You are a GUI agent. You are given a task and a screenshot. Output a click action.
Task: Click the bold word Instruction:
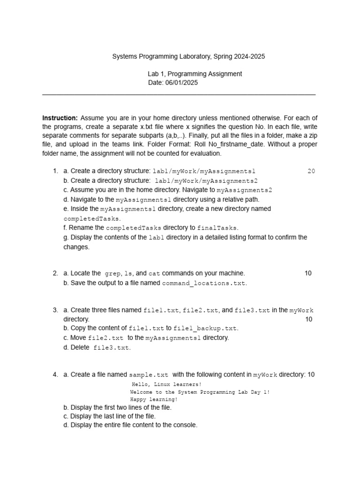(x=60, y=118)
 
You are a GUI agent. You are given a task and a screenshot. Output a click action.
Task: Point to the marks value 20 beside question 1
(x=311, y=171)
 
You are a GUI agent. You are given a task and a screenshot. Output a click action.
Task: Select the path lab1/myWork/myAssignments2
(x=206, y=181)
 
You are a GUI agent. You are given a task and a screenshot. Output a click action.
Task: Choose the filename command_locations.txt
(x=204, y=283)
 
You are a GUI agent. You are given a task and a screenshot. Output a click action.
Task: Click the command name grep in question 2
(x=112, y=273)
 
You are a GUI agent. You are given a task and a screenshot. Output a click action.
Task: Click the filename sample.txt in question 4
(x=149, y=375)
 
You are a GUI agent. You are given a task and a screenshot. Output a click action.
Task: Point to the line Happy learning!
(x=154, y=400)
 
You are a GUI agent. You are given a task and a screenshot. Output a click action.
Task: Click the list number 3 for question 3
(x=55, y=310)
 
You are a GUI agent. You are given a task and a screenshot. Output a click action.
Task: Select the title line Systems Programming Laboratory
(x=188, y=56)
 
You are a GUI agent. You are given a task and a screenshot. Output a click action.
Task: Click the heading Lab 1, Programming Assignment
(x=195, y=74)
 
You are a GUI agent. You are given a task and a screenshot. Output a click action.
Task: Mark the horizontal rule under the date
(x=179, y=95)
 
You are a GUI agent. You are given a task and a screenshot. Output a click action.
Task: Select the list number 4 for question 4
(x=55, y=375)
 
